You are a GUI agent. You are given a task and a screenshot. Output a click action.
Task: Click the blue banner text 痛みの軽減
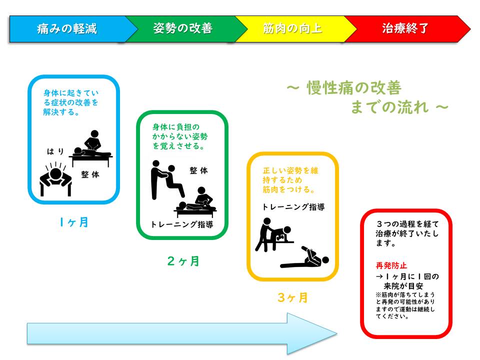[66, 29]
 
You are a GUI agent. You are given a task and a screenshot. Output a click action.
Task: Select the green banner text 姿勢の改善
[183, 28]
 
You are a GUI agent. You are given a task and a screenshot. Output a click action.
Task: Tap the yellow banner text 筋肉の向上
[292, 28]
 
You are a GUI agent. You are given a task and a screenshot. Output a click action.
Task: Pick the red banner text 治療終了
[405, 28]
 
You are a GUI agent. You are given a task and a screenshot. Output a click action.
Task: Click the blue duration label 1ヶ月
[74, 222]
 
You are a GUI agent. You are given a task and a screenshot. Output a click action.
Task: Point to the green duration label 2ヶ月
[183, 261]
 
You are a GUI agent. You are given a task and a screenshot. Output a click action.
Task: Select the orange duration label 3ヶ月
[292, 297]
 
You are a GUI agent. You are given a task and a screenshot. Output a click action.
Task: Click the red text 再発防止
[391, 265]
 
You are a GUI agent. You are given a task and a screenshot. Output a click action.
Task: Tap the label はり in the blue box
[55, 151]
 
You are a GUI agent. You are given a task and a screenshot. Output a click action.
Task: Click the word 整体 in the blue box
[90, 174]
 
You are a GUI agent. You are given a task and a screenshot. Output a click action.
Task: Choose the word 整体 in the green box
[198, 170]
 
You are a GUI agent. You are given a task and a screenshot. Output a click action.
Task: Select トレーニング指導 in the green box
[182, 224]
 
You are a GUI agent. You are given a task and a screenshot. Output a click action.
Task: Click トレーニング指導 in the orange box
[293, 207]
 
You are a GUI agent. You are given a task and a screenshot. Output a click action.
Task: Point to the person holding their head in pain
[55, 179]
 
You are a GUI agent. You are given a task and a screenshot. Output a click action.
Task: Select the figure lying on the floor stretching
[305, 258]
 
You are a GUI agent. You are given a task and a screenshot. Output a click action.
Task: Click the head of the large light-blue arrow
[312, 333]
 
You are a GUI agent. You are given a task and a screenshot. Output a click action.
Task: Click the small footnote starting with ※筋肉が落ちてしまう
[405, 305]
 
